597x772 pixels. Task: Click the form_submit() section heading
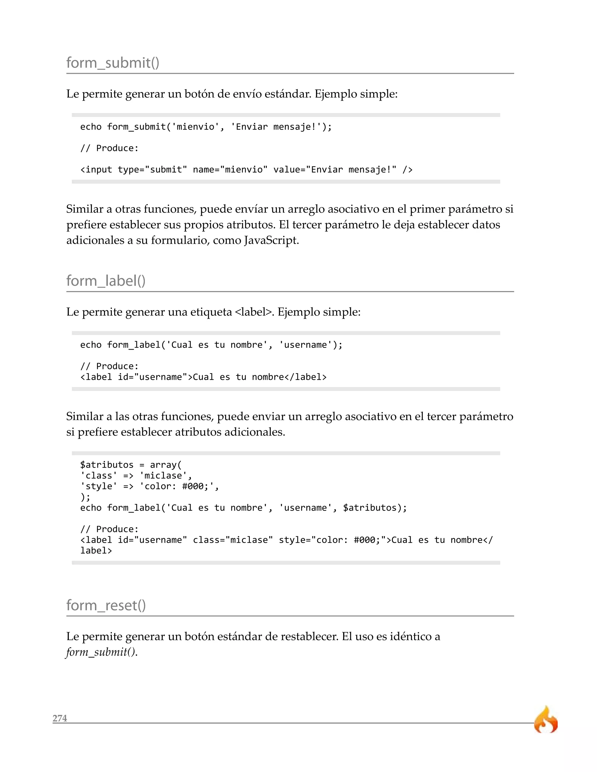click(x=113, y=63)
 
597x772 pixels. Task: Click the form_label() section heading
click(x=106, y=281)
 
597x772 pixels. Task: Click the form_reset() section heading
click(x=106, y=606)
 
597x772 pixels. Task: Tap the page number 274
click(x=60, y=718)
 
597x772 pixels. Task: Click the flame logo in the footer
click(x=545, y=720)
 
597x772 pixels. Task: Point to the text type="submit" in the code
click(x=152, y=170)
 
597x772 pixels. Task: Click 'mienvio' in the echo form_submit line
click(x=195, y=127)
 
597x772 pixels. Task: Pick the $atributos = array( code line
click(x=131, y=465)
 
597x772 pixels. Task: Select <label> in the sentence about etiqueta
click(x=254, y=312)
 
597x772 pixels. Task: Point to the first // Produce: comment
click(x=109, y=148)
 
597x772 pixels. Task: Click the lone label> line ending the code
click(x=96, y=551)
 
